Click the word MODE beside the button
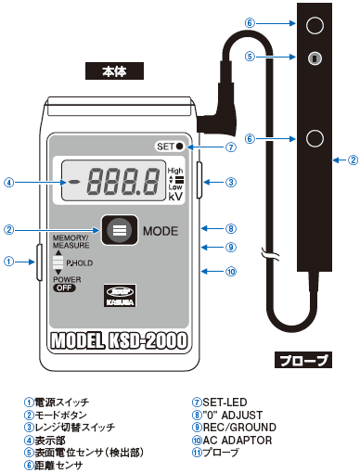pyautogui.click(x=161, y=228)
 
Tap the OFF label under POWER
pyautogui.click(x=64, y=288)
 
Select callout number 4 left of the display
pyautogui.click(x=8, y=182)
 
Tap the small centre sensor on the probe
pyautogui.click(x=315, y=58)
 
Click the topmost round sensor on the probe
pyautogui.click(x=315, y=23)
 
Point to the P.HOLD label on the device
pyautogui.click(x=79, y=263)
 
